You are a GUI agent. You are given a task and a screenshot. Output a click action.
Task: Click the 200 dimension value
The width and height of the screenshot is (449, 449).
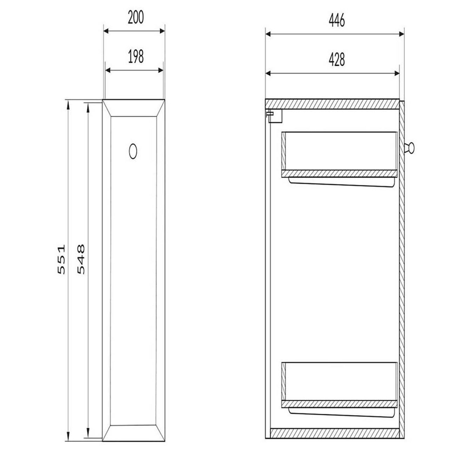pos(136,18)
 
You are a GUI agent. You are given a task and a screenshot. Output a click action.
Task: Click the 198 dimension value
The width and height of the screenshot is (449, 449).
pos(136,56)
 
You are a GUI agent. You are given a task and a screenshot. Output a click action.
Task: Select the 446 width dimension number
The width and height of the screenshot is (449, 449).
pos(337,20)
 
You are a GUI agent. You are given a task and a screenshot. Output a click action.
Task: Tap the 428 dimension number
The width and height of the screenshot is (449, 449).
pos(337,60)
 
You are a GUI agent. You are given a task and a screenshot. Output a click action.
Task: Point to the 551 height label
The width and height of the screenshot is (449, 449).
pos(61,259)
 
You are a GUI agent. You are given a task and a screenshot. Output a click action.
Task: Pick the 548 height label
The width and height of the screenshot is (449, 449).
pos(81,259)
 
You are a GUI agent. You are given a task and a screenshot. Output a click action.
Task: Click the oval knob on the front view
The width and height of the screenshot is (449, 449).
pos(133,151)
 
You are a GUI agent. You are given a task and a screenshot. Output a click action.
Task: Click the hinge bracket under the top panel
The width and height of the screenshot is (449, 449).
pos(274,116)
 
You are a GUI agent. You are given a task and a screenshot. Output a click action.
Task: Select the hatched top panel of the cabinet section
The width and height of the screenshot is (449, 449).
pos(332,104)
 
